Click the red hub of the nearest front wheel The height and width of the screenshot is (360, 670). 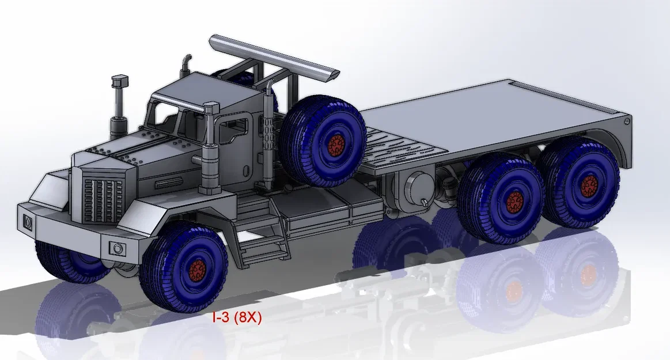point(197,269)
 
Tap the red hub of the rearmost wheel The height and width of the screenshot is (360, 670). point(589,185)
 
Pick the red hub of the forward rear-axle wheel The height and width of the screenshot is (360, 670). point(514,201)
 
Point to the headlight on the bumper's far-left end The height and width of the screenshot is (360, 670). point(27,222)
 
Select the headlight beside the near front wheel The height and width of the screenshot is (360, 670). point(118,249)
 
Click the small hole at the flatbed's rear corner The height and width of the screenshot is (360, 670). point(626,121)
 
